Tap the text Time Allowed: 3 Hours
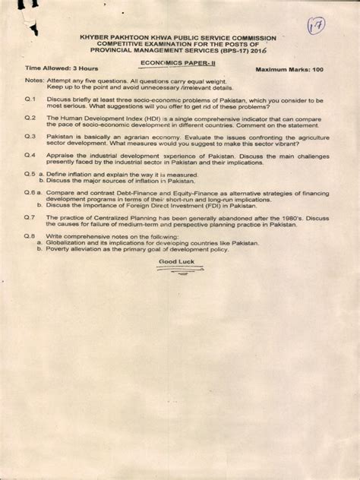coord(56,69)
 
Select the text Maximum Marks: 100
coord(289,69)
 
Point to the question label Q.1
coord(30,99)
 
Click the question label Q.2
coord(30,118)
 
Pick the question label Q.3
coord(30,136)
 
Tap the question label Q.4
coord(30,154)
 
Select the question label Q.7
coord(30,216)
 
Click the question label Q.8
coord(30,235)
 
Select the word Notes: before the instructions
coord(34,81)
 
